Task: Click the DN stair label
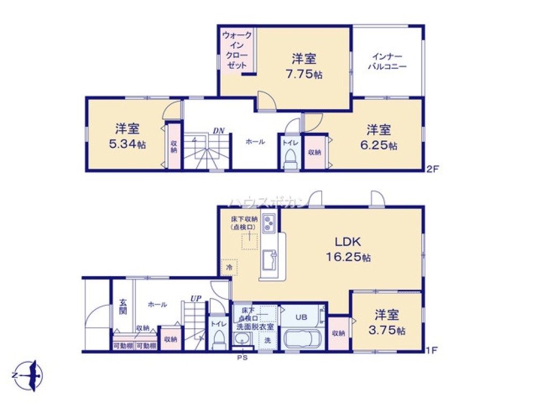(218, 131)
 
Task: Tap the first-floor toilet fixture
(219, 339)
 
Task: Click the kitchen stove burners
(268, 222)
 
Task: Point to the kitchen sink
(267, 261)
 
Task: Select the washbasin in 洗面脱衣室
(243, 339)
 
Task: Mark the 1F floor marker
(432, 350)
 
